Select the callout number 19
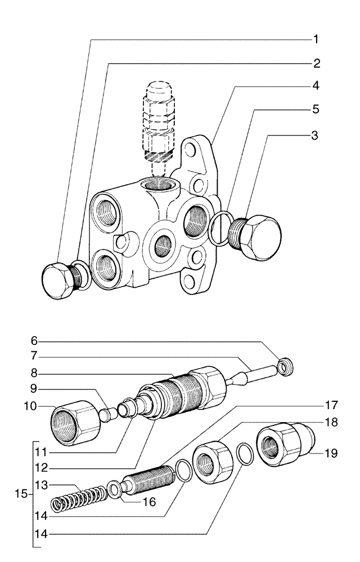332,453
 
